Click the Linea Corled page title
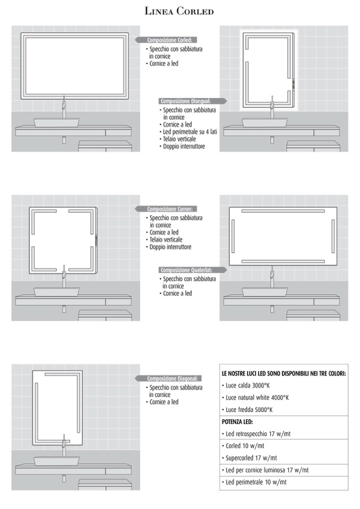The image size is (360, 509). [x=179, y=11]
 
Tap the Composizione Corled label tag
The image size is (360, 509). [x=167, y=40]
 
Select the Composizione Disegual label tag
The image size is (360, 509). [x=193, y=101]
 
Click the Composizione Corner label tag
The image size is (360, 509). [x=167, y=209]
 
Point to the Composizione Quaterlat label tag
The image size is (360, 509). [x=193, y=270]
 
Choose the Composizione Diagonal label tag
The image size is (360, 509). [x=168, y=378]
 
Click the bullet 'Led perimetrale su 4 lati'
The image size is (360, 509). [x=188, y=132]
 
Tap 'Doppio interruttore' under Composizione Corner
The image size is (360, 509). [x=169, y=247]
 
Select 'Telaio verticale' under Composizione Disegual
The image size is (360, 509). [x=178, y=139]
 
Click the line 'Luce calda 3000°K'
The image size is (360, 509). [x=246, y=385]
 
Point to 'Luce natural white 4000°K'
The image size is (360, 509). [x=255, y=398]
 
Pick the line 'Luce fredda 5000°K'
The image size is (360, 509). [x=247, y=410]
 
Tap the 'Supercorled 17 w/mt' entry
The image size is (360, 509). [x=250, y=458]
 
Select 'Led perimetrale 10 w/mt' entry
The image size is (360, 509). [x=254, y=482]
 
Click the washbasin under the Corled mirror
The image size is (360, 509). [x=56, y=123]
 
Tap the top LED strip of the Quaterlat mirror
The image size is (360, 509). [x=282, y=211]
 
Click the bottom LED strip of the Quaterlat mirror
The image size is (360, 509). [x=282, y=261]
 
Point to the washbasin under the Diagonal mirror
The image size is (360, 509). [x=56, y=461]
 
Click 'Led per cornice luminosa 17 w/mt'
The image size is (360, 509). [x=265, y=470]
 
